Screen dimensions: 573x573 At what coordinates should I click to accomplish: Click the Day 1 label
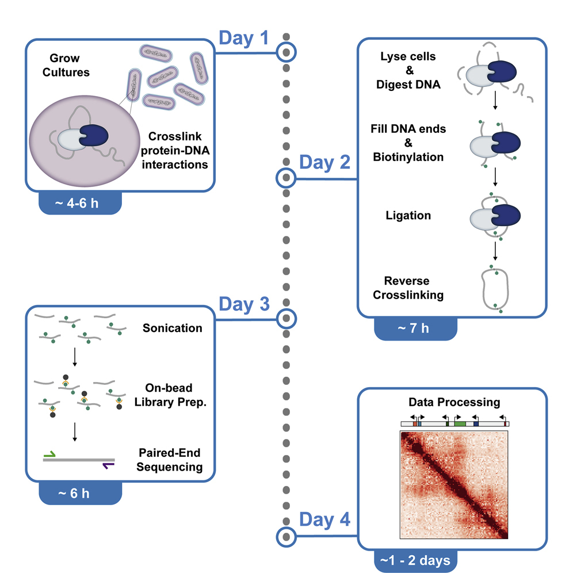coord(244,39)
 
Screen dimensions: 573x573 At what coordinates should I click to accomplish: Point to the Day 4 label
coord(325,521)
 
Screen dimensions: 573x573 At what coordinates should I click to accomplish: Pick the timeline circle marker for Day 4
coord(286,537)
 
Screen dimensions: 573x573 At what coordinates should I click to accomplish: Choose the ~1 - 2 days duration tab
coord(416,559)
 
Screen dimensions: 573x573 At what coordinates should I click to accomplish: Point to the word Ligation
coord(409,216)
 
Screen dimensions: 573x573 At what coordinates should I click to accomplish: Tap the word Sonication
coord(173,328)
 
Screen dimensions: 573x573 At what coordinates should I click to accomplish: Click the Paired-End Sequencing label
coord(173,459)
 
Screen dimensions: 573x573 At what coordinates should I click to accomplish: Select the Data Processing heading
coord(453,402)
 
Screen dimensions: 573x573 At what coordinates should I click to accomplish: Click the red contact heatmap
coord(454,485)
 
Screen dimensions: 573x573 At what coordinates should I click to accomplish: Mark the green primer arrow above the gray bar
coord(50,454)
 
